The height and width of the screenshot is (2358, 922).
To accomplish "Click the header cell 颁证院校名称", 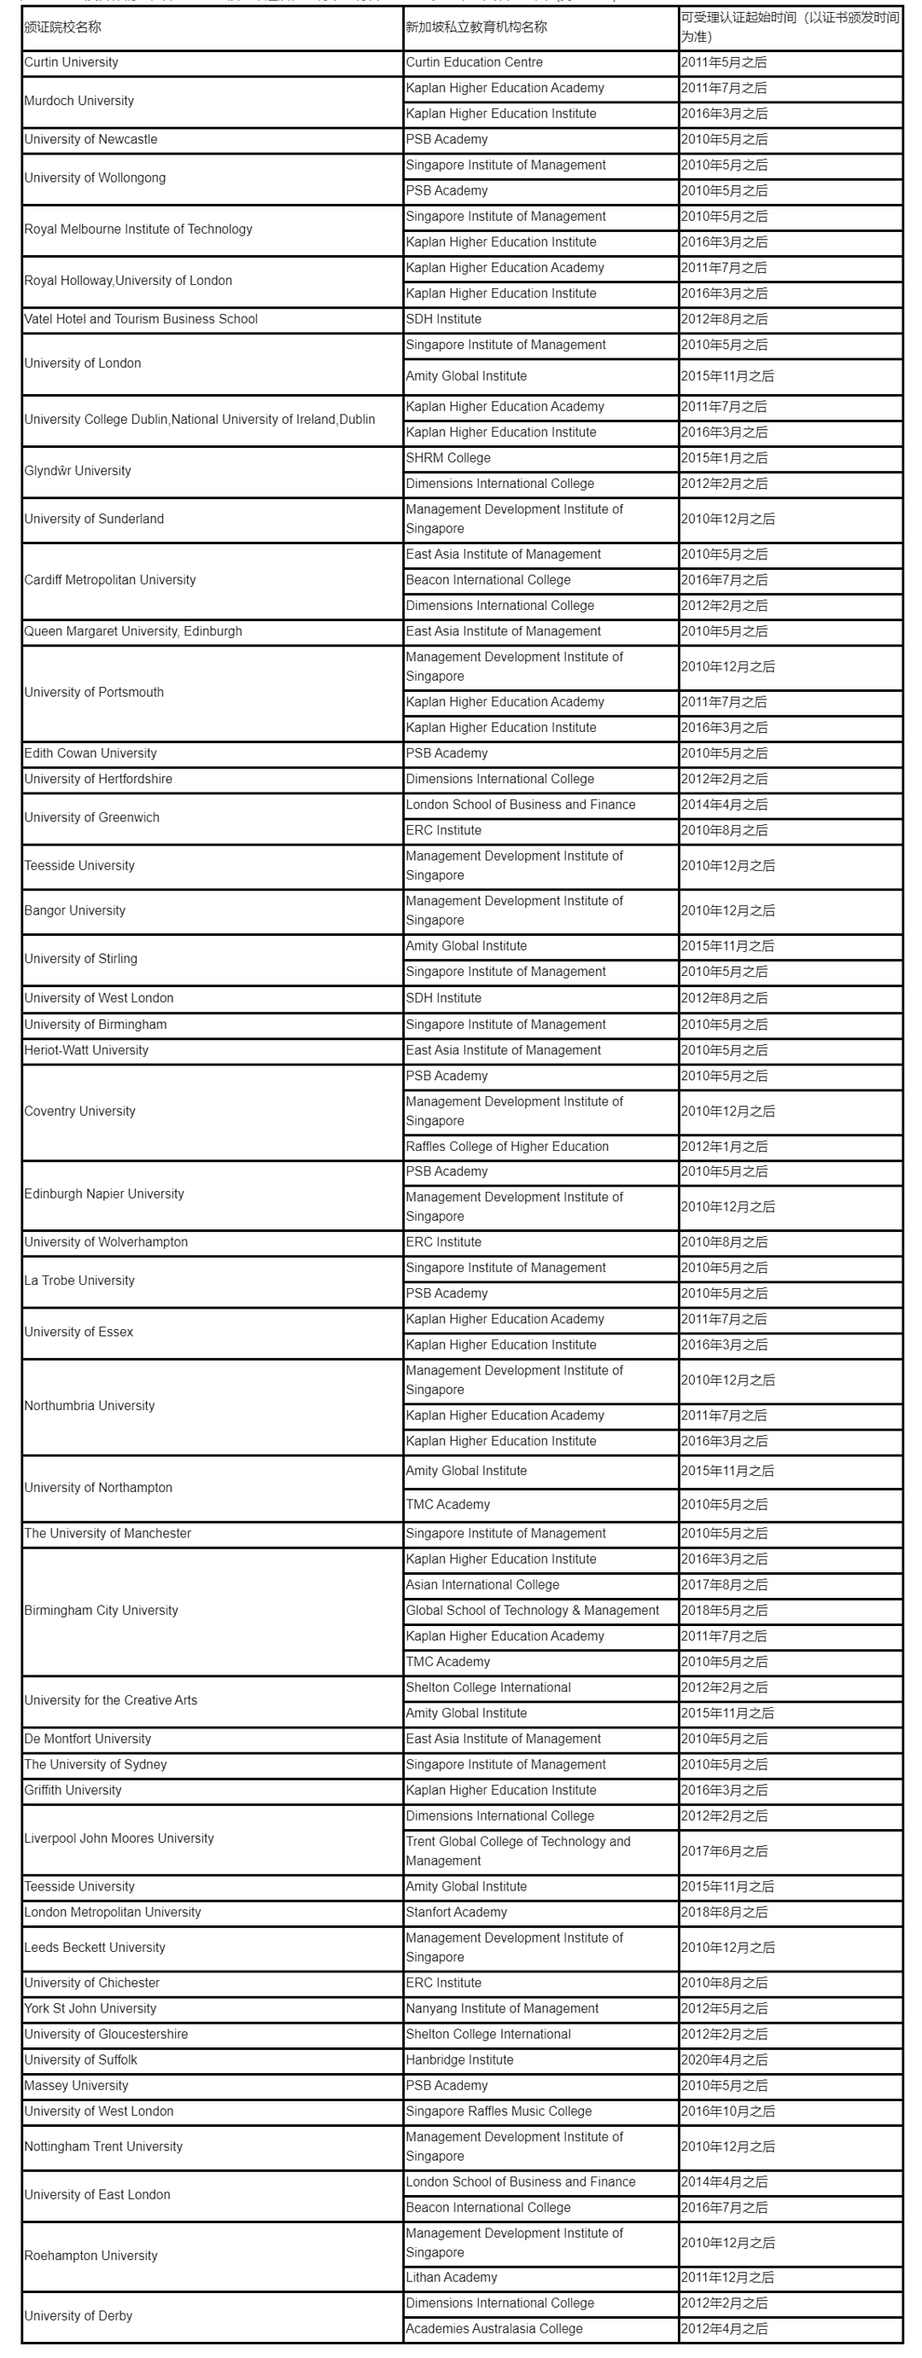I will pyautogui.click(x=63, y=27).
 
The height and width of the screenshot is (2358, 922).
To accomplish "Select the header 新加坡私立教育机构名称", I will pyautogui.click(x=476, y=27).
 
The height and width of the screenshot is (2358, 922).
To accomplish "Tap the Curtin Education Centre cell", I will pyautogui.click(x=475, y=62).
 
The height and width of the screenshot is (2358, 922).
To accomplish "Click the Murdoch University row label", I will pyautogui.click(x=79, y=101).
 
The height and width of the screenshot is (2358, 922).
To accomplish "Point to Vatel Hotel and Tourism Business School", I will pyautogui.click(x=141, y=319).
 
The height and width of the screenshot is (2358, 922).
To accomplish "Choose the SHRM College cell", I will pyautogui.click(x=449, y=457).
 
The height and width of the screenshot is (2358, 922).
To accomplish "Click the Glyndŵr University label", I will pyautogui.click(x=78, y=471).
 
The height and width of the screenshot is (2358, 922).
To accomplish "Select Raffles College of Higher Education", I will pyautogui.click(x=507, y=1146).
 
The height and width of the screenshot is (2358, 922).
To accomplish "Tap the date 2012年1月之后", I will pyautogui.click(x=724, y=1146).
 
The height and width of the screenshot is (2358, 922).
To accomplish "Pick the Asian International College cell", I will pyautogui.click(x=482, y=1584).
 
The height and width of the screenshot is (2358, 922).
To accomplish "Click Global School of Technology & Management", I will pyautogui.click(x=533, y=1610).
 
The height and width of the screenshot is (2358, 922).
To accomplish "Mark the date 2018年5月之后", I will pyautogui.click(x=724, y=1610).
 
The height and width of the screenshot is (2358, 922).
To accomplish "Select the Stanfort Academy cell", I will pyautogui.click(x=456, y=1912).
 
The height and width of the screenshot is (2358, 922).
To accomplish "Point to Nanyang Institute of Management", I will pyautogui.click(x=503, y=2008).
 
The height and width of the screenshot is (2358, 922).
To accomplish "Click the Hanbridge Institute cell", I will pyautogui.click(x=459, y=2059).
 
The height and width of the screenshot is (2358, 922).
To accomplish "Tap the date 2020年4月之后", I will pyautogui.click(x=724, y=2059).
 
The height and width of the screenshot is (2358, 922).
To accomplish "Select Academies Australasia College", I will pyautogui.click(x=494, y=2328).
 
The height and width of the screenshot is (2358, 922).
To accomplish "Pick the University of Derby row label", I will pyautogui.click(x=79, y=2316).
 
